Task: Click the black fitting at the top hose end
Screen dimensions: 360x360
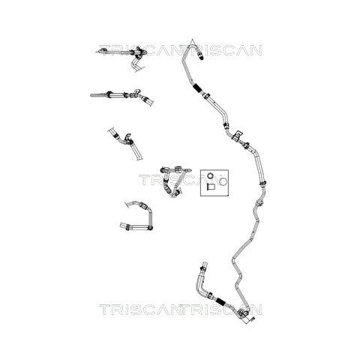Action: pyautogui.click(x=201, y=56)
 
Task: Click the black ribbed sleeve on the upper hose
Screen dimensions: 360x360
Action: pyautogui.click(x=197, y=88)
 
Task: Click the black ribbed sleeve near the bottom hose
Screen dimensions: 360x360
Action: pyautogui.click(x=220, y=301)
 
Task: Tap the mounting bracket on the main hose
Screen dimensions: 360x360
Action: pyautogui.click(x=238, y=135)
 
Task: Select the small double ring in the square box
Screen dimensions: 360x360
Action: pyautogui.click(x=211, y=176)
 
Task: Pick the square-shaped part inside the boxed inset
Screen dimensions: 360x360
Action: pyautogui.click(x=211, y=187)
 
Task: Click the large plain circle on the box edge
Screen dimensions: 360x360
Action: pyautogui.click(x=223, y=181)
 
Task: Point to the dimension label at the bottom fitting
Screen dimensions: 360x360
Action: pyautogui.click(x=252, y=319)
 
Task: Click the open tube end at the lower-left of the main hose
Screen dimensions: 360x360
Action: pyautogui.click(x=204, y=265)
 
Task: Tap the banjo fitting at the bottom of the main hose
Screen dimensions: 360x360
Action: pyautogui.click(x=242, y=313)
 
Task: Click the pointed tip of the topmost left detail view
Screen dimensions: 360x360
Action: pyautogui.click(x=97, y=52)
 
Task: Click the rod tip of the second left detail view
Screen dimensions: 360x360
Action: pyautogui.click(x=91, y=95)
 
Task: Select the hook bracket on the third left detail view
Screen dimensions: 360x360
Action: pyautogui.click(x=127, y=136)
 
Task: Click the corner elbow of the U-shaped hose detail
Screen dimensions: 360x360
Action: pyautogui.click(x=151, y=228)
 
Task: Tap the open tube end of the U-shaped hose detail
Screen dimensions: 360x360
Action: pyautogui.click(x=122, y=226)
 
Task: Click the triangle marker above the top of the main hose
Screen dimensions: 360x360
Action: pyautogui.click(x=192, y=41)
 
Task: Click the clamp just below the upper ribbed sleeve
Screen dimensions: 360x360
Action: pyautogui.click(x=207, y=96)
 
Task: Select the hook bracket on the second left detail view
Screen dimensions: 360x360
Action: pyautogui.click(x=136, y=91)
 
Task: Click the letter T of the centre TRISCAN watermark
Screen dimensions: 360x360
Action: pyautogui.click(x=143, y=180)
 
